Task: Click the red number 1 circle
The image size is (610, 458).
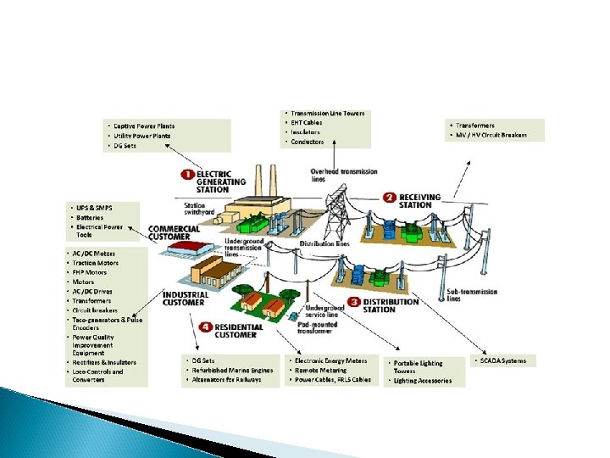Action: (x=187, y=174)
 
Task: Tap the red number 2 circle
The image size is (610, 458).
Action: (x=390, y=198)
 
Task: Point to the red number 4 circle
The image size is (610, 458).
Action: (x=206, y=327)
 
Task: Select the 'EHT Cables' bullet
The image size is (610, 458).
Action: (x=306, y=122)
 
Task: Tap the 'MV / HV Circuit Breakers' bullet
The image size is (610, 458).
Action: (x=491, y=135)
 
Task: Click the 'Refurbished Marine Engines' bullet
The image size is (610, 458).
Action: (x=230, y=371)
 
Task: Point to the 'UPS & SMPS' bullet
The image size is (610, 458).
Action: (x=94, y=208)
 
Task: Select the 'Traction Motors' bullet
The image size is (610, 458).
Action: (x=96, y=263)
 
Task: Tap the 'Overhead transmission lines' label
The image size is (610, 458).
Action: (x=344, y=176)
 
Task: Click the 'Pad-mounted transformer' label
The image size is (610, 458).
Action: (x=319, y=328)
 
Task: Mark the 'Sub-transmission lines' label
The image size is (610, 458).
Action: (x=466, y=294)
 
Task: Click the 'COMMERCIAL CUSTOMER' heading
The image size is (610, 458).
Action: (x=175, y=233)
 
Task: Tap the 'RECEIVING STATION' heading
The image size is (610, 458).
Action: (x=420, y=200)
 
